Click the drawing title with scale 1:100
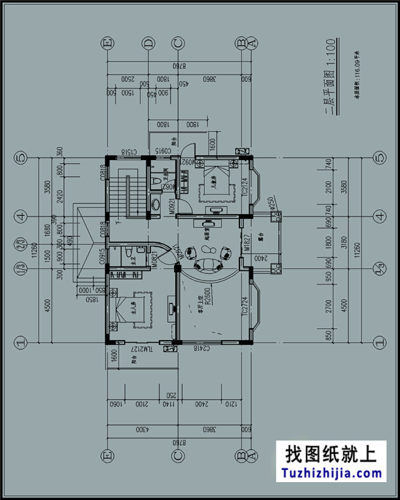coord(331,77)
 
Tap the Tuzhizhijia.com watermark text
coord(331,473)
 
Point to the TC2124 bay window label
coord(244,187)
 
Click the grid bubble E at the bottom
coord(108,456)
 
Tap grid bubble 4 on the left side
coord(20,216)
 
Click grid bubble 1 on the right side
coord(379,341)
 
